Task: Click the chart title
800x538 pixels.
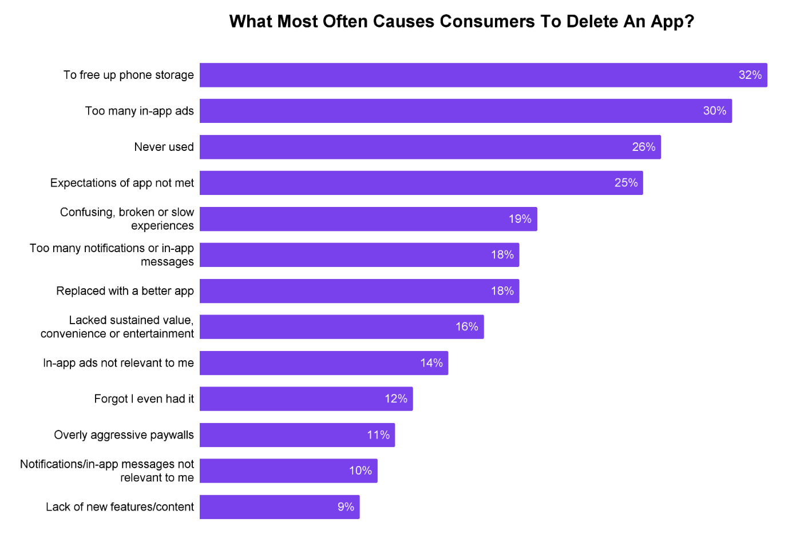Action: click(461, 22)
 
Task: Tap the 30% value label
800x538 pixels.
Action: click(714, 111)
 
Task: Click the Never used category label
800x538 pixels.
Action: click(164, 147)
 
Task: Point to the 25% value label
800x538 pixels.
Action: click(625, 183)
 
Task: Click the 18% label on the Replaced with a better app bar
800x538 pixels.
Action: click(502, 291)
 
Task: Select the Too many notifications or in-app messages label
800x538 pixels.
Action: click(112, 255)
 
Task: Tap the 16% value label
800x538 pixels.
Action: click(466, 327)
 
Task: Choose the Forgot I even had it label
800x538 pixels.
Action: click(144, 399)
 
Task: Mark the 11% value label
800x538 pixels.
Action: click(378, 435)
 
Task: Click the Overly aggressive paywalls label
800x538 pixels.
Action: click(124, 435)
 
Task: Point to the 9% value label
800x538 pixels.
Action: click(346, 507)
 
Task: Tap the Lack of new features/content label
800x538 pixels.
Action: click(120, 507)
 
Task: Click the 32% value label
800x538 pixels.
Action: click(750, 75)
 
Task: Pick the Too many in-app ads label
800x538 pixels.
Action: click(139, 111)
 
